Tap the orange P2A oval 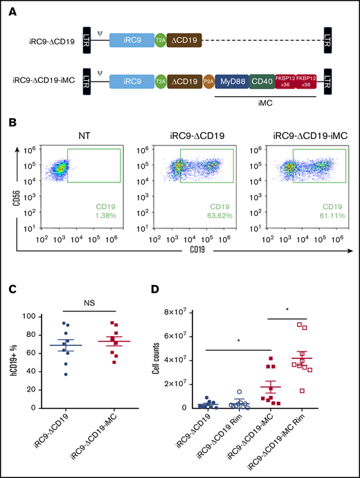click(x=208, y=82)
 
